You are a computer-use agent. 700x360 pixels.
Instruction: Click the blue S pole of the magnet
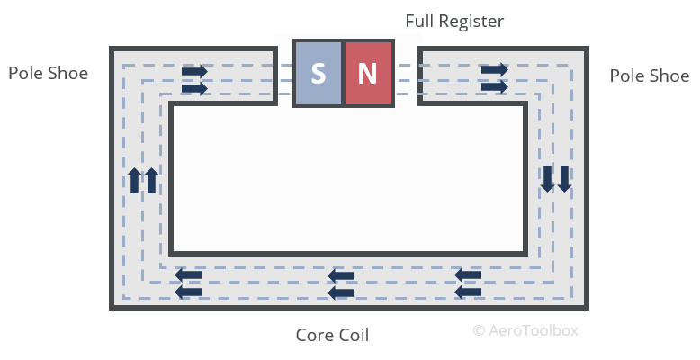[319, 73]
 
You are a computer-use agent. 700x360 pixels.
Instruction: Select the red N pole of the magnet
[369, 73]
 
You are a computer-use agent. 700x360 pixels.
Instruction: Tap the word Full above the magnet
[421, 20]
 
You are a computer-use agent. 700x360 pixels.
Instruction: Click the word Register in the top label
[472, 21]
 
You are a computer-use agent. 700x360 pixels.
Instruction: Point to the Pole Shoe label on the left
[48, 73]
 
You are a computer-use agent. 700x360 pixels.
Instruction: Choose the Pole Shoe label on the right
[649, 76]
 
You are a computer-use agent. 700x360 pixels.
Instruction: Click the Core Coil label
[332, 335]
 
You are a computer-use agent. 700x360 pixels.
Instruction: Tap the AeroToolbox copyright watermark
[525, 329]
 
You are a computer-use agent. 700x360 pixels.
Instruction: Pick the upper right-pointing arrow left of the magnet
[194, 70]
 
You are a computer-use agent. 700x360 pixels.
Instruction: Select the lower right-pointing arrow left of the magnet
[194, 87]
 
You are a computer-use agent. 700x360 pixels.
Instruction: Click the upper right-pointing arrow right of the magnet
[494, 69]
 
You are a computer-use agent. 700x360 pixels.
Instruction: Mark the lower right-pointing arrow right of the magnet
[494, 86]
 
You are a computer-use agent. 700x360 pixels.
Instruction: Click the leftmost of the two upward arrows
[134, 181]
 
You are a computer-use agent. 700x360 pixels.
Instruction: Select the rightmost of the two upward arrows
[151, 181]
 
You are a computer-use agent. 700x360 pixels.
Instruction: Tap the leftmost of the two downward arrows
[547, 178]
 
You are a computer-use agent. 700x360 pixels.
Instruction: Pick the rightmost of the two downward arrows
[564, 178]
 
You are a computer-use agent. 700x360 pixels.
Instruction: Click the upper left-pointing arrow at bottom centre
[341, 275]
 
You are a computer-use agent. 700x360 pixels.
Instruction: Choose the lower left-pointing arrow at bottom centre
[341, 292]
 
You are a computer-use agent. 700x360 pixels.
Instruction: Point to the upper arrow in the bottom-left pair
[188, 275]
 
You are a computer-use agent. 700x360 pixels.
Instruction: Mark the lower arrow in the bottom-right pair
[469, 292]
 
